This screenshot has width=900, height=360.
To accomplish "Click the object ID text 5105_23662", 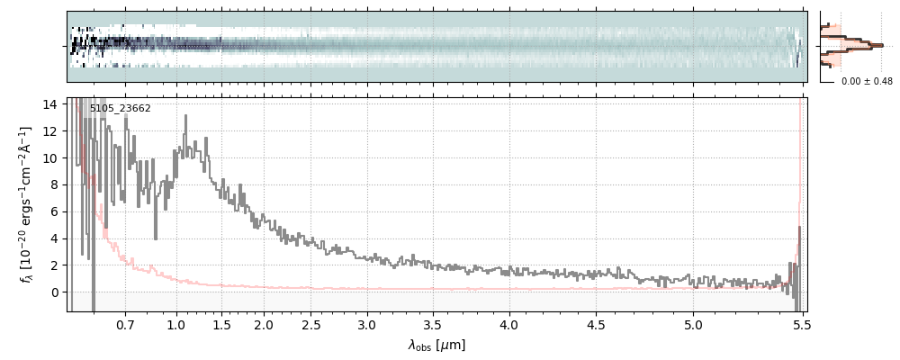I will point(121,109).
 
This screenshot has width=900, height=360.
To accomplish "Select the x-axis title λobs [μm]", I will point(436,345).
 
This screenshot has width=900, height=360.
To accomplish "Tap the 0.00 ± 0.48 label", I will point(865,82).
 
